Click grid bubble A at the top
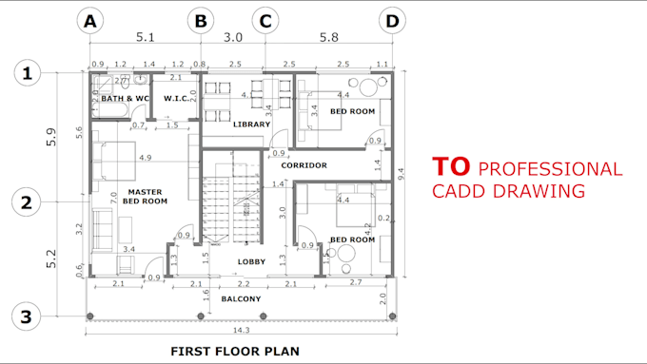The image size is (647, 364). click(x=91, y=20)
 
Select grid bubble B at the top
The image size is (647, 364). click(x=201, y=20)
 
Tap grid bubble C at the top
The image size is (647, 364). click(x=265, y=20)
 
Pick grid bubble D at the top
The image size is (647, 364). click(x=391, y=20)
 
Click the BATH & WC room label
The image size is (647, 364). click(x=126, y=98)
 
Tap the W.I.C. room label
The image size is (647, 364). click(x=178, y=98)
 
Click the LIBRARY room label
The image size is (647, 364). click(x=252, y=125)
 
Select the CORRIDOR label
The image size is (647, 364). click(x=304, y=165)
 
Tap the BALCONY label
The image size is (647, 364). click(x=241, y=298)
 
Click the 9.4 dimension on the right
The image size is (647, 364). click(x=411, y=173)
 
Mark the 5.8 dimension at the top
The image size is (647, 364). click(x=328, y=39)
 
